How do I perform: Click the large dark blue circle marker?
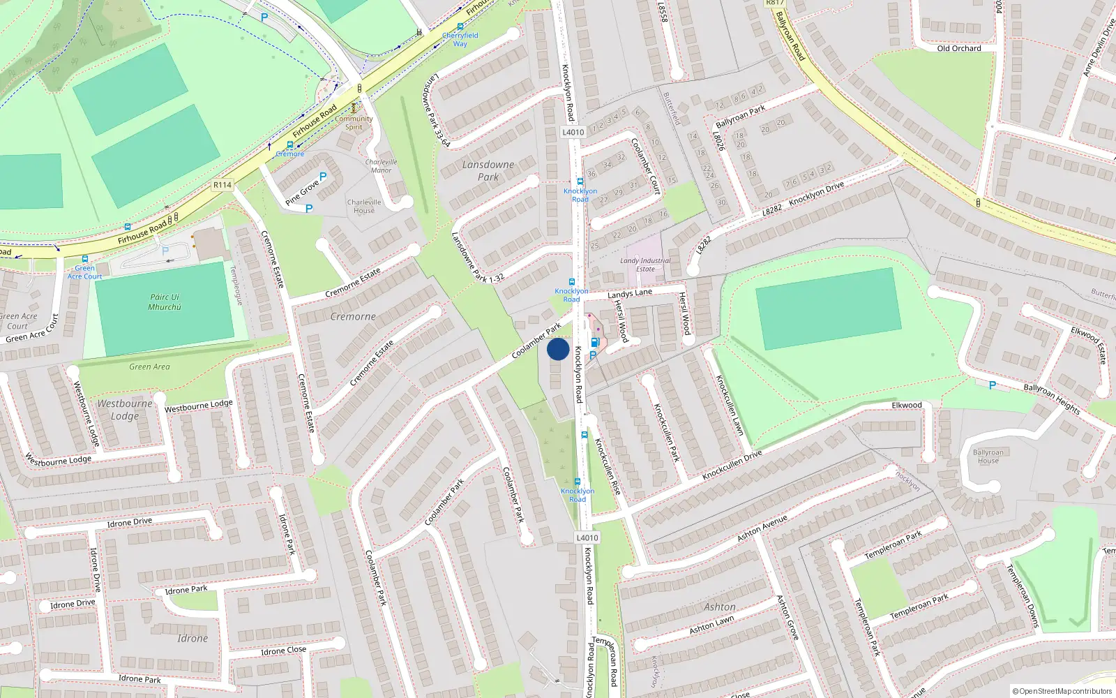558,349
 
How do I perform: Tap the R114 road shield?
223,185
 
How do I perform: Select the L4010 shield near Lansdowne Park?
573,132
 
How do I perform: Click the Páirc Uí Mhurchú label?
165,302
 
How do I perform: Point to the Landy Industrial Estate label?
645,265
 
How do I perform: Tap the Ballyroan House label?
988,456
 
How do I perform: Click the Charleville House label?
364,206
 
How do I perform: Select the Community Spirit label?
354,123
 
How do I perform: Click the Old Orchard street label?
959,48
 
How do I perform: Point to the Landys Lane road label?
630,293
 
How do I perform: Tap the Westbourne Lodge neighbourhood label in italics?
125,410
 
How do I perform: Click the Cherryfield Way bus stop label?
460,39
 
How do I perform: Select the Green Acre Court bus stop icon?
84,259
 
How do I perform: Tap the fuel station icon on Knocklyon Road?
595,342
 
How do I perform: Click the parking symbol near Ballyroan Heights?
993,385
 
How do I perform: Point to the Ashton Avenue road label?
762,528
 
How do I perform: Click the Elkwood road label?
907,405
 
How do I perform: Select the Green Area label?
149,366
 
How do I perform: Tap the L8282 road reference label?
772,209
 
